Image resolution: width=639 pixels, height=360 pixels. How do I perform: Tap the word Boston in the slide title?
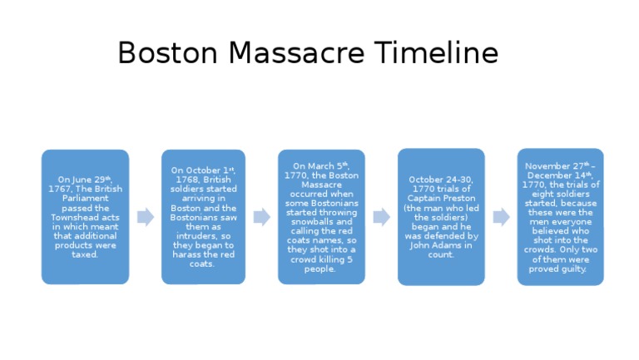(169, 53)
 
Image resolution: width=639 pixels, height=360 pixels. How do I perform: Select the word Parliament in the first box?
(86, 198)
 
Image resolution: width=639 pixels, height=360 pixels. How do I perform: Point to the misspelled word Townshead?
(86, 216)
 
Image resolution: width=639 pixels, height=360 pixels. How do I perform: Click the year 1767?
(62, 189)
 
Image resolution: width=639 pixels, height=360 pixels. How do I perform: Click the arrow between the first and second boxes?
(145, 217)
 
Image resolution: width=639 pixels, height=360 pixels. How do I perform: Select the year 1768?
(186, 179)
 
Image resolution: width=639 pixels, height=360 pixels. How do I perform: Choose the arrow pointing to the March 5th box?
(261, 217)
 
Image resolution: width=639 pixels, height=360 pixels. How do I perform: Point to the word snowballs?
(320, 222)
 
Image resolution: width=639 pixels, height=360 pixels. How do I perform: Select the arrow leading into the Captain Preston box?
(381, 217)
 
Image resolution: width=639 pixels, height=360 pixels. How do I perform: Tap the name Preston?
(455, 198)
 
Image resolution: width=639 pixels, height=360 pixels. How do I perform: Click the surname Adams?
(457, 244)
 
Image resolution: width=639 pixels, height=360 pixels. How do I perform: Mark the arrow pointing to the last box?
(501, 217)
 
